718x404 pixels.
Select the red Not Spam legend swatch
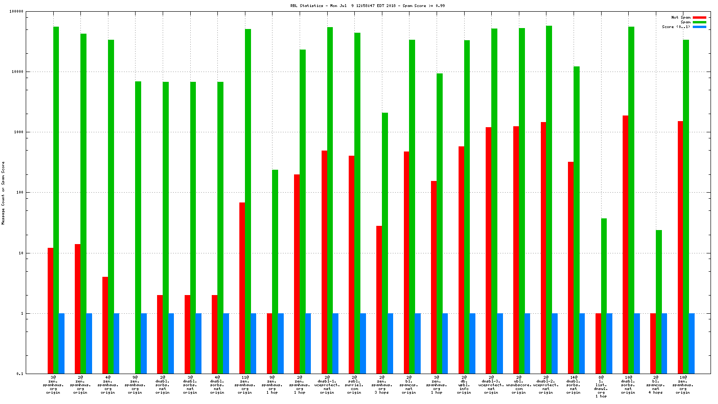tap(699, 18)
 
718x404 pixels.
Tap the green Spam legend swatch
tap(699, 22)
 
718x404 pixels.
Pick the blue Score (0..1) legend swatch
tap(699, 27)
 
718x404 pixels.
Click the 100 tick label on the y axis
tap(19, 193)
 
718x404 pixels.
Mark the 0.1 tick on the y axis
tap(20, 374)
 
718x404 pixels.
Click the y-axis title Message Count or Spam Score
tap(3, 193)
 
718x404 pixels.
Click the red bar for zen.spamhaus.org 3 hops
tap(379, 300)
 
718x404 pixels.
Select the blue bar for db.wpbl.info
tap(472, 343)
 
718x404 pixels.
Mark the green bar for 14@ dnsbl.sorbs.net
tap(576, 220)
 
